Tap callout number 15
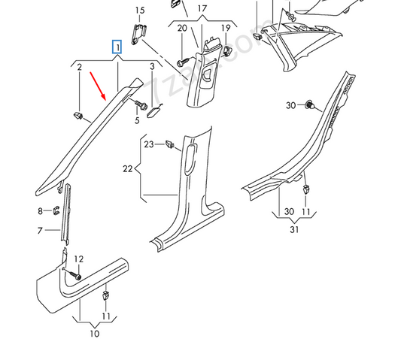click(x=139, y=10)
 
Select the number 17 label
click(x=202, y=9)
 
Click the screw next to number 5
click(x=140, y=105)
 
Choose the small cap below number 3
click(x=156, y=111)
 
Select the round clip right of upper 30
click(x=308, y=105)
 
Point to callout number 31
click(x=294, y=228)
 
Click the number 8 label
click(x=40, y=211)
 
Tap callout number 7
click(x=40, y=231)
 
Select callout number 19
click(x=225, y=29)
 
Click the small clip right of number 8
click(x=57, y=210)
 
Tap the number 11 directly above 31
click(x=305, y=213)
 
